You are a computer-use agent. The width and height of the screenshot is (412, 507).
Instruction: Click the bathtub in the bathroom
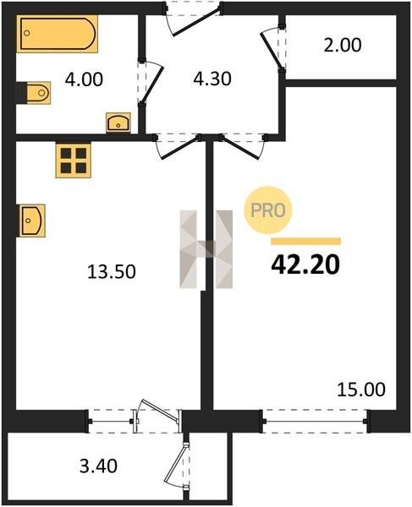pyautogui.click(x=57, y=34)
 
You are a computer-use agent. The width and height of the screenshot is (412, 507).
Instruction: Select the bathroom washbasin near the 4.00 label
pyautogui.click(x=118, y=123)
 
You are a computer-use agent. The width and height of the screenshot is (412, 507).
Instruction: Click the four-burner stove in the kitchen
pyautogui.click(x=73, y=161)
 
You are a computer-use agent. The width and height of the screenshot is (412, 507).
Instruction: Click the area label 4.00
pyautogui.click(x=84, y=79)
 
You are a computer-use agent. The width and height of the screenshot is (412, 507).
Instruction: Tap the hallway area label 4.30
pyautogui.click(x=212, y=79)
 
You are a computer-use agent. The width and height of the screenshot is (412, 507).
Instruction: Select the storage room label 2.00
pyautogui.click(x=343, y=45)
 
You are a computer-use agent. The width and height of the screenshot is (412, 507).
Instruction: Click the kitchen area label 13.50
pyautogui.click(x=112, y=271)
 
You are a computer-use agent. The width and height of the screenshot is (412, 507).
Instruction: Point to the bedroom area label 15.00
pyautogui.click(x=361, y=390)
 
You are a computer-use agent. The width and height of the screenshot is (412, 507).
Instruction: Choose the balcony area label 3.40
pyautogui.click(x=98, y=466)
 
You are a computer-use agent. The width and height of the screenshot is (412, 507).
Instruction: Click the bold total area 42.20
pyautogui.click(x=305, y=264)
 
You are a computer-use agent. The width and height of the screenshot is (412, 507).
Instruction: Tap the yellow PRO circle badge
pyautogui.click(x=267, y=210)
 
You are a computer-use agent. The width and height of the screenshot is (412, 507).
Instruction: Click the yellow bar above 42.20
pyautogui.click(x=306, y=241)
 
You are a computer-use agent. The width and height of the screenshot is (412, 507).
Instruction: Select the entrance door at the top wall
pyautogui.click(x=193, y=18)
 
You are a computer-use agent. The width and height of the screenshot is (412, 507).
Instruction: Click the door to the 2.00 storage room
pyautogui.click(x=274, y=48)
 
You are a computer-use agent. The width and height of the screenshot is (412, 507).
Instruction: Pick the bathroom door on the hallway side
pyautogui.click(x=151, y=82)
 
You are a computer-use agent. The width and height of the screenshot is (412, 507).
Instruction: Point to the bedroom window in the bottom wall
pyautogui.click(x=315, y=422)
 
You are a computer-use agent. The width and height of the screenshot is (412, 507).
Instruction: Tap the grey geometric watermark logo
pyautogui.click(x=206, y=249)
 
